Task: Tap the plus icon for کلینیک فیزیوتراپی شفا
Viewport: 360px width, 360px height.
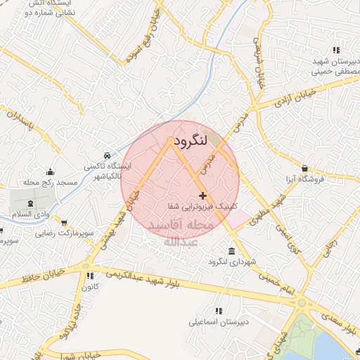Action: point(203,195)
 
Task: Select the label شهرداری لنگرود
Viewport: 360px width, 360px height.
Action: point(229,262)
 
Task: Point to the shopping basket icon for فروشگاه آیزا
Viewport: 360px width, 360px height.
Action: point(304,168)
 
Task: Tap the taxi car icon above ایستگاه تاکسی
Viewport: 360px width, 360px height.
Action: point(105,155)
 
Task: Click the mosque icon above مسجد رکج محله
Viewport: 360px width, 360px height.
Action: point(50,172)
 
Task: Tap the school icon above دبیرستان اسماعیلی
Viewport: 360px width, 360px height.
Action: point(219,311)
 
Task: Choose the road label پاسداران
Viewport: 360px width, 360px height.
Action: point(19,121)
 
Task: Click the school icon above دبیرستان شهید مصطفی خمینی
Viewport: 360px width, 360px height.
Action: point(337,50)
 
